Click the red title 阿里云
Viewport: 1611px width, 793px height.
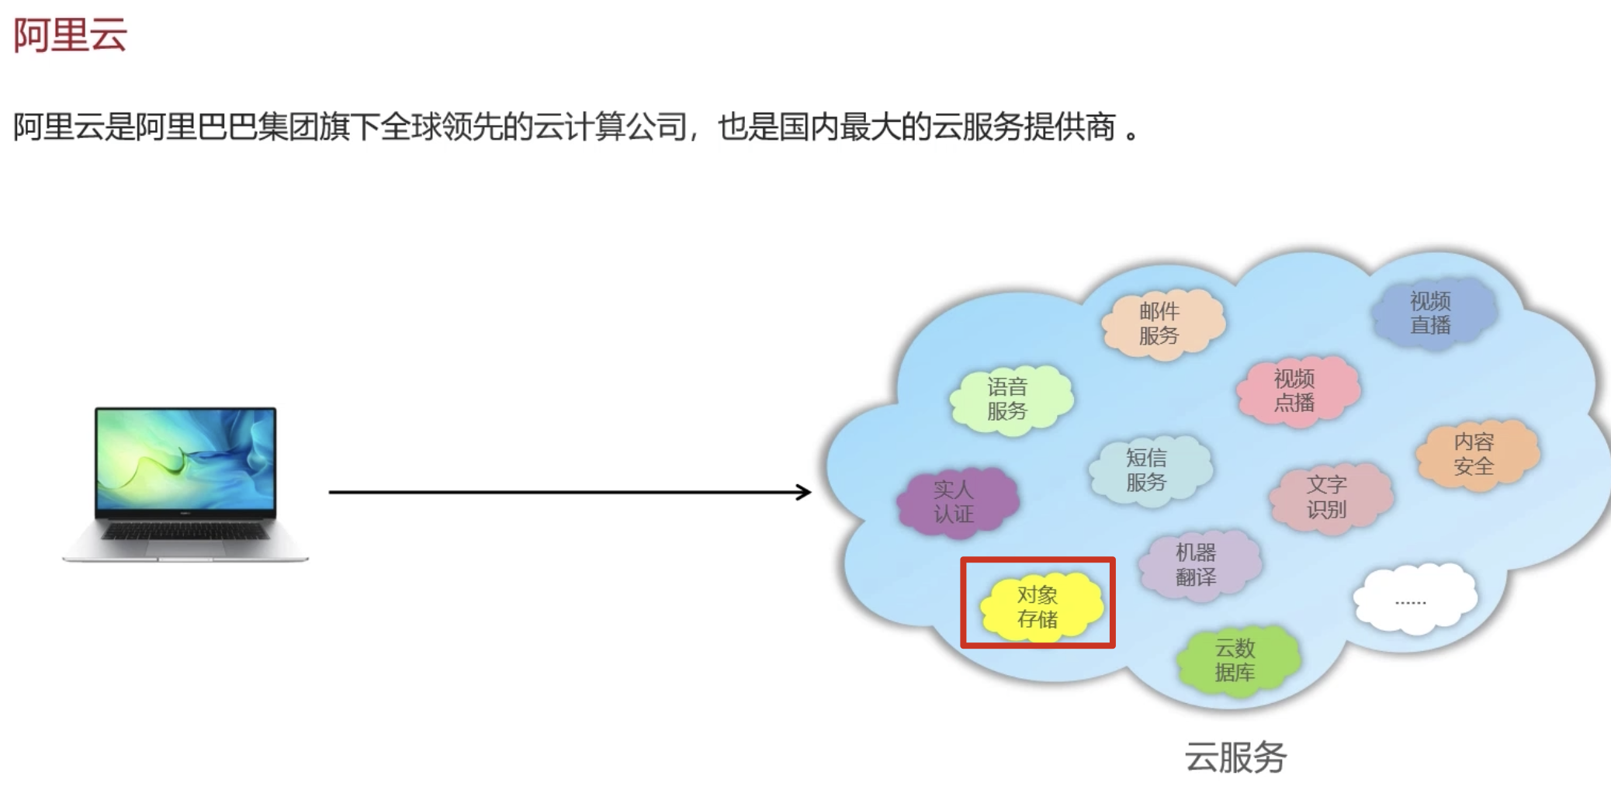tap(70, 35)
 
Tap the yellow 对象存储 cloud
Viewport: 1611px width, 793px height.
tap(1038, 607)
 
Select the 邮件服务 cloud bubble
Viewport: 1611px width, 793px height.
tap(1159, 324)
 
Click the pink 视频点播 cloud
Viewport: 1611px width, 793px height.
tap(1294, 390)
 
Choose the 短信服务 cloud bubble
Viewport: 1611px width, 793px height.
tap(1146, 470)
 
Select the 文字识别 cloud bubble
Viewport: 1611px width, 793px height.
tap(1326, 497)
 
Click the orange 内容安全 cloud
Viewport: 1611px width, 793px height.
tap(1474, 454)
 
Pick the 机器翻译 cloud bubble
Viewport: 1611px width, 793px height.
tap(1196, 565)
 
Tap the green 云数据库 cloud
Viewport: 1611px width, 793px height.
tap(1235, 660)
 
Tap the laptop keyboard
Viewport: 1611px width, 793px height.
tap(185, 532)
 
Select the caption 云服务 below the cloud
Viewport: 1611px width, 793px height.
tap(1235, 757)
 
